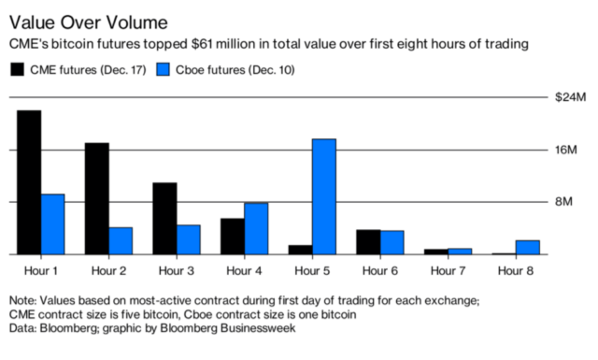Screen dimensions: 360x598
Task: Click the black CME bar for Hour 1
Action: point(28,182)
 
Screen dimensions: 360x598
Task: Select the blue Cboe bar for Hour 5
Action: point(323,196)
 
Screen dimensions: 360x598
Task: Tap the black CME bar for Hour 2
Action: point(96,198)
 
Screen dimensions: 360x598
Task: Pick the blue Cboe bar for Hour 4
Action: point(255,228)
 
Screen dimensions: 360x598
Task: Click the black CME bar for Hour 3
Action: point(164,218)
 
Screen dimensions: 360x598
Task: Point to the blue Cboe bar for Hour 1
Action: point(52,224)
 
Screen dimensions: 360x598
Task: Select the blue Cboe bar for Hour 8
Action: point(527,247)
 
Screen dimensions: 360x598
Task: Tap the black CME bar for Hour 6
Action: point(367,241)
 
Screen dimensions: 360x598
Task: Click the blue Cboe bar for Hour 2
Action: point(121,240)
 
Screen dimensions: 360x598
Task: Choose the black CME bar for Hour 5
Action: point(299,250)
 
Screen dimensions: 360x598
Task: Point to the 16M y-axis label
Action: point(570,150)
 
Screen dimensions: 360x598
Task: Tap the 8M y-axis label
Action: point(573,202)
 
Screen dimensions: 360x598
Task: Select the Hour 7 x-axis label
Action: point(448,270)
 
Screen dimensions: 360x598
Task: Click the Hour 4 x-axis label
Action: point(244,270)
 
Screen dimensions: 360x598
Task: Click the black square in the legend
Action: point(17,68)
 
